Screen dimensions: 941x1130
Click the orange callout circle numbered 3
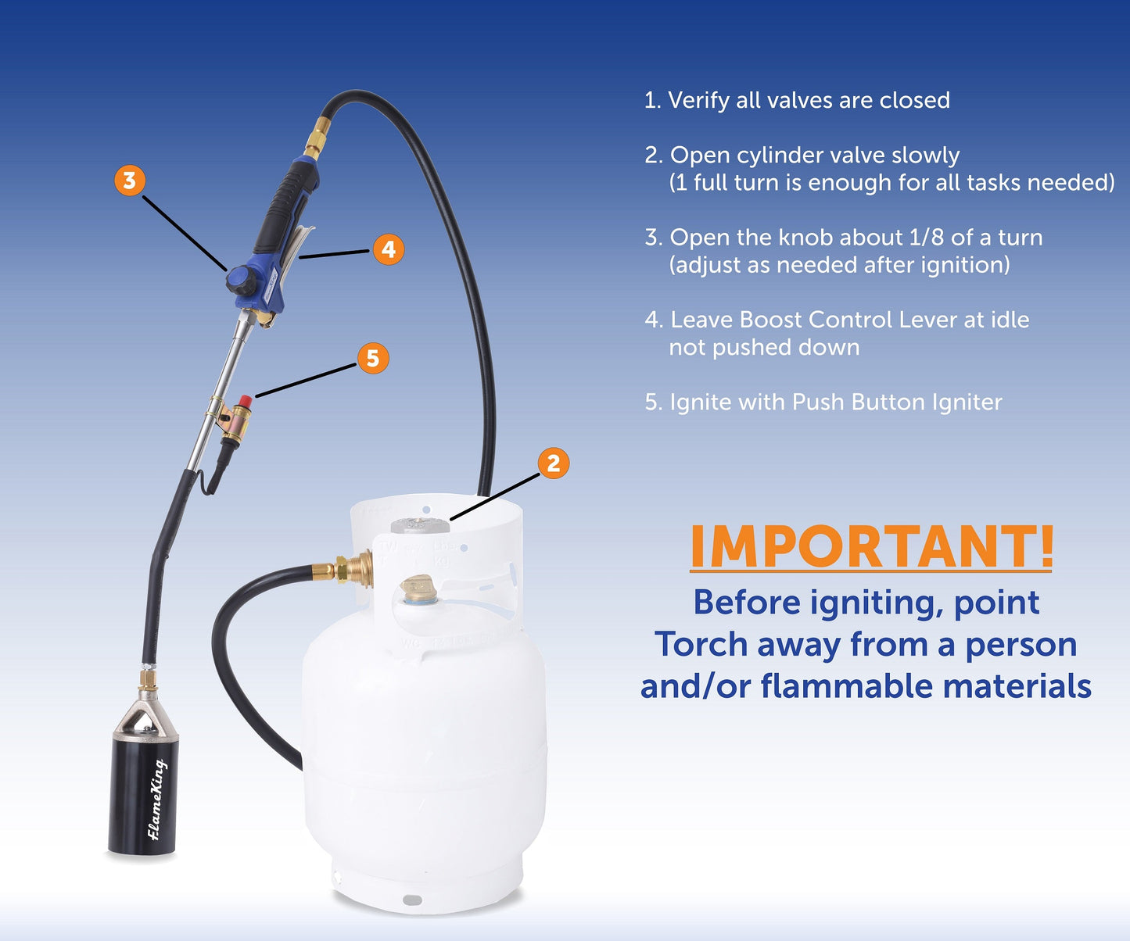(130, 181)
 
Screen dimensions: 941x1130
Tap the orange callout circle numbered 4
(389, 249)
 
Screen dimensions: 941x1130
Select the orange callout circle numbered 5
(373, 358)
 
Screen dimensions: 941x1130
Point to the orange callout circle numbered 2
(554, 463)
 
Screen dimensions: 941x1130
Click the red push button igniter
(245, 402)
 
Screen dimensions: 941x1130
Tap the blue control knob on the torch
(240, 279)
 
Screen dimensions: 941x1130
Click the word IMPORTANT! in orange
(872, 547)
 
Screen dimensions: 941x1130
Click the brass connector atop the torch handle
(317, 138)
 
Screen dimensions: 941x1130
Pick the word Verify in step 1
(698, 101)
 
